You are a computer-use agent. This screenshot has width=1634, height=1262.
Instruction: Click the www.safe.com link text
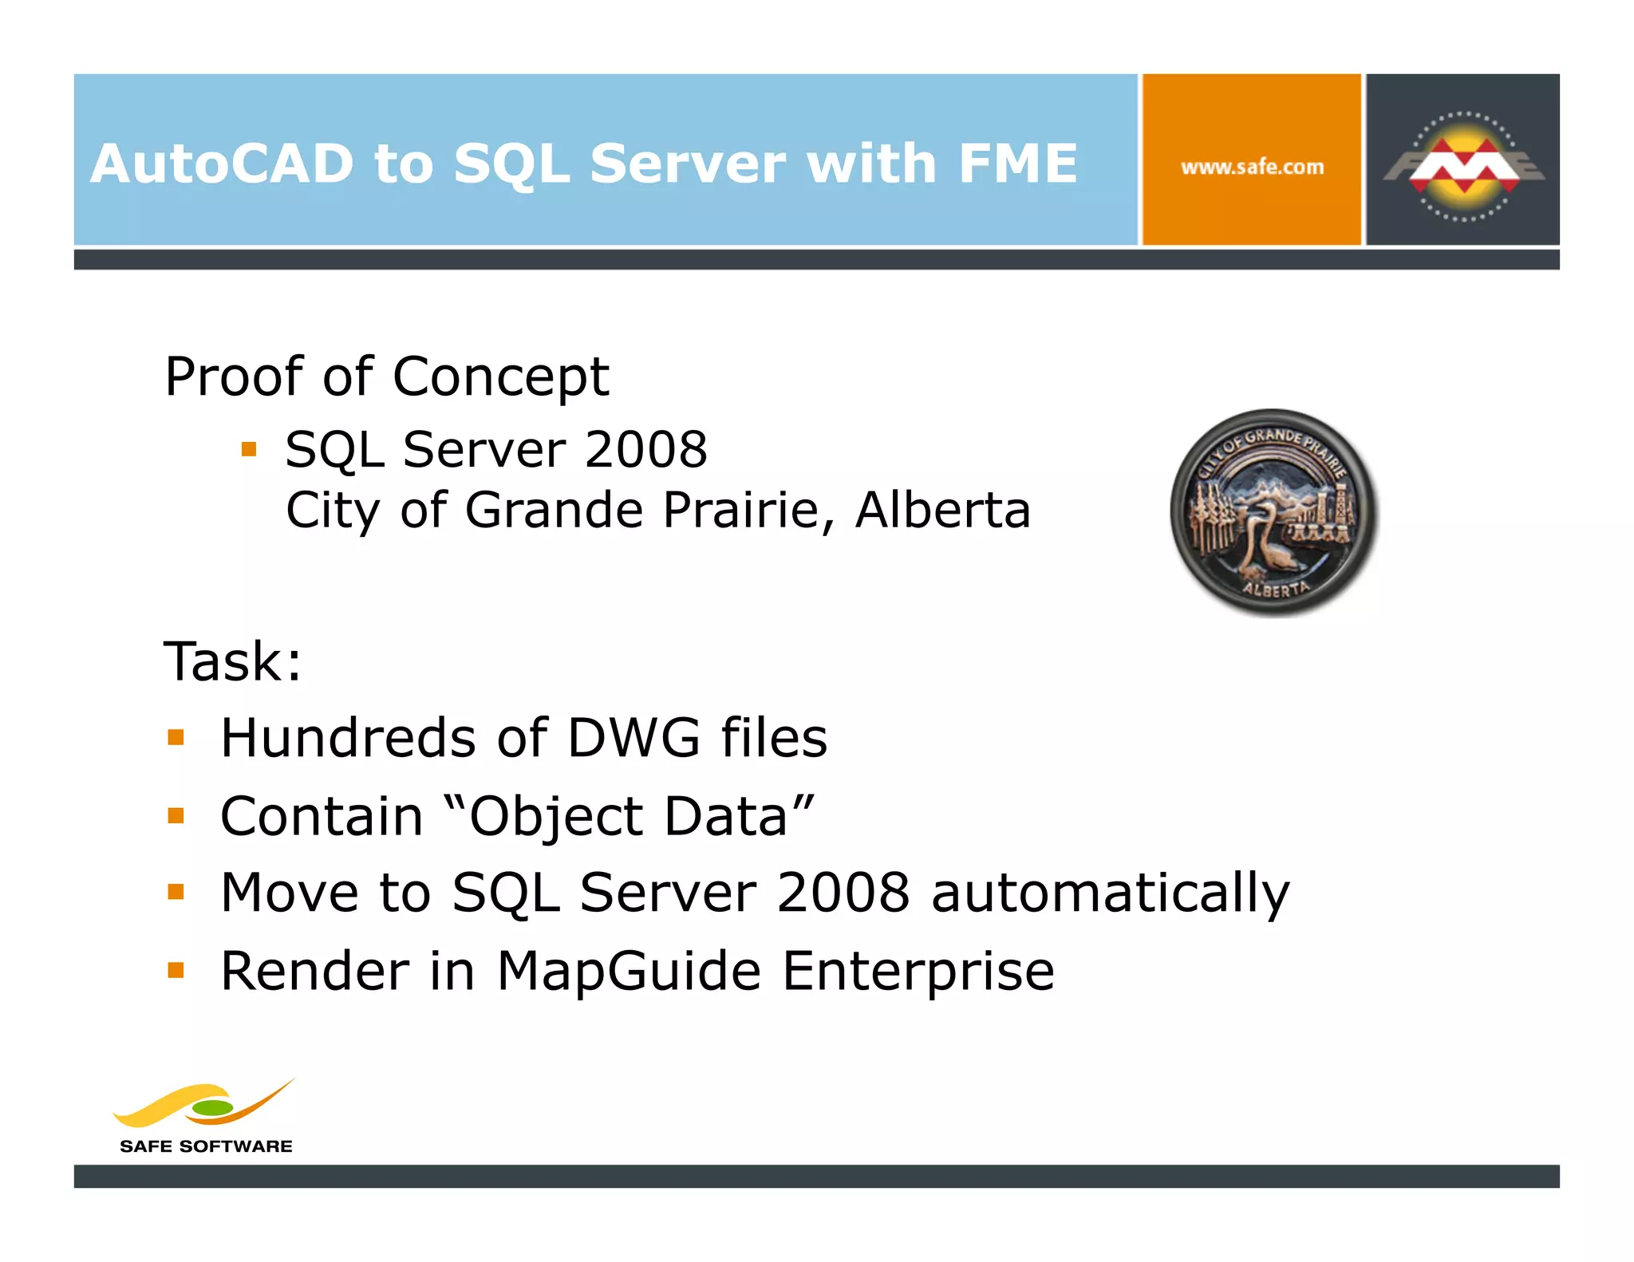tap(1252, 168)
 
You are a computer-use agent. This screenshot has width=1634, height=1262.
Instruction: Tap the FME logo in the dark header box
tap(1463, 165)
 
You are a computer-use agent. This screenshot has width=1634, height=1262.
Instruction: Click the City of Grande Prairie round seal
tap(1273, 512)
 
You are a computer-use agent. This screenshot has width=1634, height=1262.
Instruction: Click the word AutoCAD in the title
tap(222, 164)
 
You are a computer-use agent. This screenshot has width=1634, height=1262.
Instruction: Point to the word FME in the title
tap(1017, 164)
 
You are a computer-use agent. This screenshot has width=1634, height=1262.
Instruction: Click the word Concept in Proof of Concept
tap(501, 377)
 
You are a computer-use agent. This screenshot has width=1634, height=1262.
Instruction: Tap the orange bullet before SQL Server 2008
tap(249, 449)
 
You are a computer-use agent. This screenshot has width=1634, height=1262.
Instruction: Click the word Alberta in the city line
tap(942, 510)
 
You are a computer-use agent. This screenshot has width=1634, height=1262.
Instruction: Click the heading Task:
tap(232, 661)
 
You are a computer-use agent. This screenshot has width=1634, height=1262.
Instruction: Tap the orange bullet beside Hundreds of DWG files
tap(176, 737)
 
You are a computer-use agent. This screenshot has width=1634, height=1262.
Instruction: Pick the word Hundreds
tap(349, 737)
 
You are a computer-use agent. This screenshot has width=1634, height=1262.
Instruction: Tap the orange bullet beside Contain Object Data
tap(176, 815)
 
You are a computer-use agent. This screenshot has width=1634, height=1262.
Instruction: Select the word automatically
tap(1110, 893)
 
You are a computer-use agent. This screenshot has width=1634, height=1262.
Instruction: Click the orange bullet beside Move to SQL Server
tap(176, 891)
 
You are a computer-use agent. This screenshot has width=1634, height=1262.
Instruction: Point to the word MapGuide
tap(629, 972)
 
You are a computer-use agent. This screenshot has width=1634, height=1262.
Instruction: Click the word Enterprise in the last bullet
tap(918, 972)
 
